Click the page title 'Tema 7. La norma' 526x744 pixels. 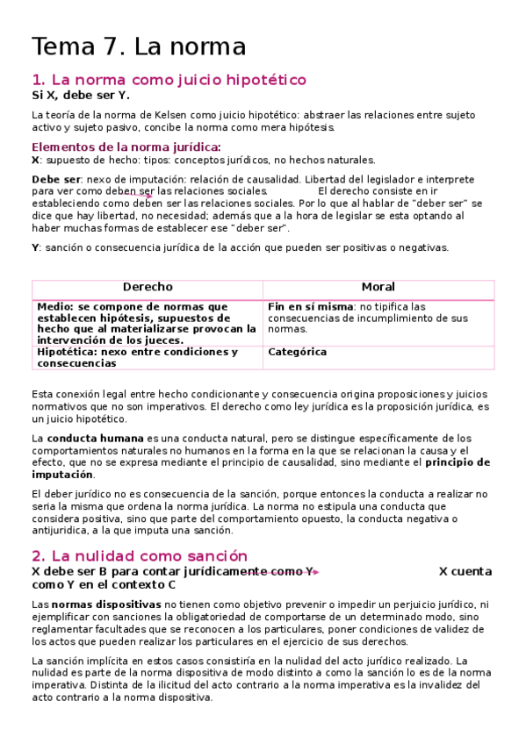139,46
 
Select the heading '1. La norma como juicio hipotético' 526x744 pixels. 169,80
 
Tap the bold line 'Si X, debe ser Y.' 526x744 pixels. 80,96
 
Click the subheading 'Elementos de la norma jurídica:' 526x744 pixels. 126,147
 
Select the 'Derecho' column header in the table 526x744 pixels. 148,287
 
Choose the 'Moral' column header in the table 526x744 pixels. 378,287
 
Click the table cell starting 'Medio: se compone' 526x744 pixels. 147,323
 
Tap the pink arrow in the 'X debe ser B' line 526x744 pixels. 314,572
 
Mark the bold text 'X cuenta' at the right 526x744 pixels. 465,571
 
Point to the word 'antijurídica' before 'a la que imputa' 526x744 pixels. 60,530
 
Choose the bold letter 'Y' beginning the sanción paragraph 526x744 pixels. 35,247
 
